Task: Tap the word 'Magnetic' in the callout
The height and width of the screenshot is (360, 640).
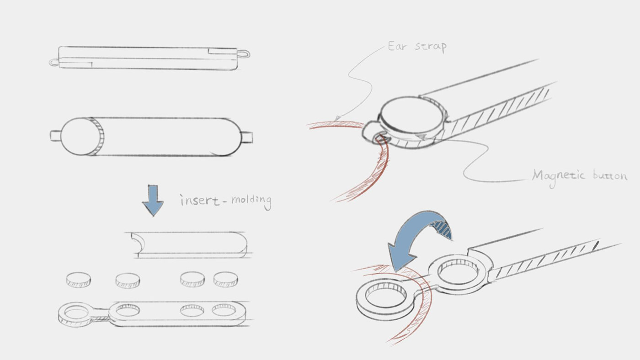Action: click(x=559, y=175)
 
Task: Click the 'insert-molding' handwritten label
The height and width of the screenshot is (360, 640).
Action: click(x=225, y=201)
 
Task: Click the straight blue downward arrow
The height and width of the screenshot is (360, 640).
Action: click(x=153, y=200)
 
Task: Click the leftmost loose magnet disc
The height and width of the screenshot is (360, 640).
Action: click(x=79, y=280)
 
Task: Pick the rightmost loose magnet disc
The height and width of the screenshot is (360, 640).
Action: click(x=226, y=279)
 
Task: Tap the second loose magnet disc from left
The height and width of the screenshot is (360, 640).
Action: click(x=128, y=280)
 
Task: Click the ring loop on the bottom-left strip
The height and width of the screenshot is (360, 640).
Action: click(x=76, y=314)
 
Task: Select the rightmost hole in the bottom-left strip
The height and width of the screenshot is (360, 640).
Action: click(x=224, y=310)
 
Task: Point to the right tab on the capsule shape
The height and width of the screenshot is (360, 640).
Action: click(x=246, y=137)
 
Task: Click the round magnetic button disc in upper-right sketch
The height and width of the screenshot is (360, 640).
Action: click(x=412, y=113)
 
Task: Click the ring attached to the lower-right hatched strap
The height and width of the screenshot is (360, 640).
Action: click(x=459, y=271)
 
